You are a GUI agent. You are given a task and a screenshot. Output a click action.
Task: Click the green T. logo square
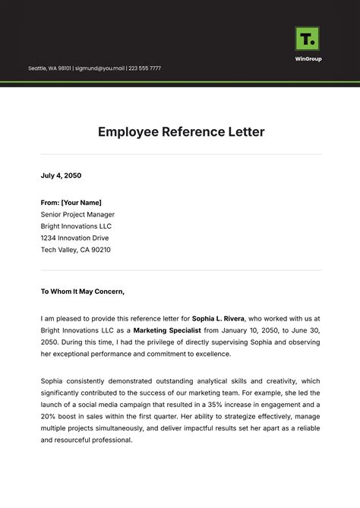click(x=307, y=39)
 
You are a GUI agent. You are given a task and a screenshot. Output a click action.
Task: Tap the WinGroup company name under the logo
click(x=308, y=58)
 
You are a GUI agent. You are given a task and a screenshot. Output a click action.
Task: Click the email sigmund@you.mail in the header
click(x=99, y=68)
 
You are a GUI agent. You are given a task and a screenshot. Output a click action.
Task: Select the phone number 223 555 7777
click(x=144, y=68)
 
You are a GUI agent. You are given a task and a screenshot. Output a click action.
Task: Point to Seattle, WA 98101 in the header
click(x=49, y=68)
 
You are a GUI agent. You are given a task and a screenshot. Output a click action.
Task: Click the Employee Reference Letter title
click(x=181, y=131)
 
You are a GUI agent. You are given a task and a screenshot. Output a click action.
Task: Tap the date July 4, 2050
click(x=61, y=175)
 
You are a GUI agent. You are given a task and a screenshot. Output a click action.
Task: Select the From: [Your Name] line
click(x=71, y=202)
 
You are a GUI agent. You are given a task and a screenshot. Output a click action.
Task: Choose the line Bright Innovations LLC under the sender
click(x=76, y=226)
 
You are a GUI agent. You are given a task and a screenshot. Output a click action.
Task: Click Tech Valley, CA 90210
click(x=75, y=249)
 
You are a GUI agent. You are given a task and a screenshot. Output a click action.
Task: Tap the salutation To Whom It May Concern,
click(x=82, y=290)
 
